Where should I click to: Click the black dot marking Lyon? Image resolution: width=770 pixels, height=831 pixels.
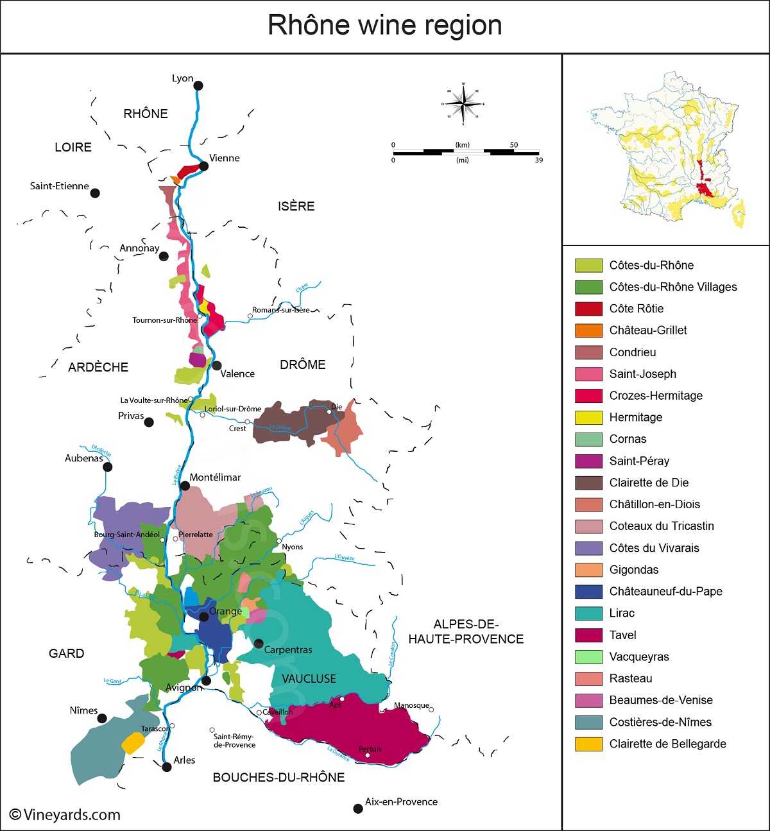198,85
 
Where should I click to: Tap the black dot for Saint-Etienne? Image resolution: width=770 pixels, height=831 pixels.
95,193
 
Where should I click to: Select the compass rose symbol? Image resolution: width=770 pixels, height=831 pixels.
463,103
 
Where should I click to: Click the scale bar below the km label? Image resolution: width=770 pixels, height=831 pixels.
466,153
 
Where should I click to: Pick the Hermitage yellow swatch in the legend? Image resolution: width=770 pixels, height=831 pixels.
588,418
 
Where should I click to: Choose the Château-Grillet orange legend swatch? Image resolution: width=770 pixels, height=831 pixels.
588,330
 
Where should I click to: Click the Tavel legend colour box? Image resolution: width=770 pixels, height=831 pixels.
588,635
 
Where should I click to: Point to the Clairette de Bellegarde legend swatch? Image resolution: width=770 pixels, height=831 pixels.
588,744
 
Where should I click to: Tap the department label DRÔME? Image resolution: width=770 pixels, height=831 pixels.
303,364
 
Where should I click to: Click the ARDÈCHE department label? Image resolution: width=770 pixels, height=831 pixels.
98,367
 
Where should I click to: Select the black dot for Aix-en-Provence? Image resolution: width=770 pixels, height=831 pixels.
358,809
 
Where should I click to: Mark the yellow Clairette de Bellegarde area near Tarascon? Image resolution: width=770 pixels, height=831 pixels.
133,743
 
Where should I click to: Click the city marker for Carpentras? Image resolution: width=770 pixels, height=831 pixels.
259,643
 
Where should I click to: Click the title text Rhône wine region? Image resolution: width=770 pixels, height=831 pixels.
384,26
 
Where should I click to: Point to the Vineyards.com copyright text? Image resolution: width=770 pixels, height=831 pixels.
65,815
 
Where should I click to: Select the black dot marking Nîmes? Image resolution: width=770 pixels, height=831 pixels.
102,719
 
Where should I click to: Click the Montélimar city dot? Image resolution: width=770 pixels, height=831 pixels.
185,486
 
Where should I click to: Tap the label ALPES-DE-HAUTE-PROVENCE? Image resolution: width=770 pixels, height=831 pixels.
466,631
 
